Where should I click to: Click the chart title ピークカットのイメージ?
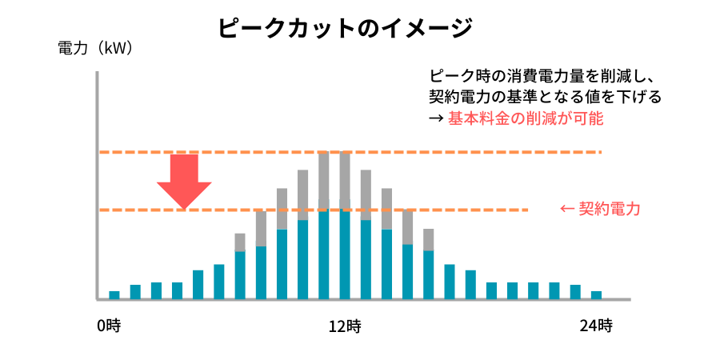(x=345, y=29)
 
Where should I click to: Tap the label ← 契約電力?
(x=600, y=210)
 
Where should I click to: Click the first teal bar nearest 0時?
(x=114, y=294)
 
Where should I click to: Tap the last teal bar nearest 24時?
(x=596, y=294)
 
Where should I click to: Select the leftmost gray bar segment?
(x=240, y=242)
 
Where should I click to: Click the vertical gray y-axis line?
(x=97, y=184)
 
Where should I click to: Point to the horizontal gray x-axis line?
(x=360, y=299)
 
